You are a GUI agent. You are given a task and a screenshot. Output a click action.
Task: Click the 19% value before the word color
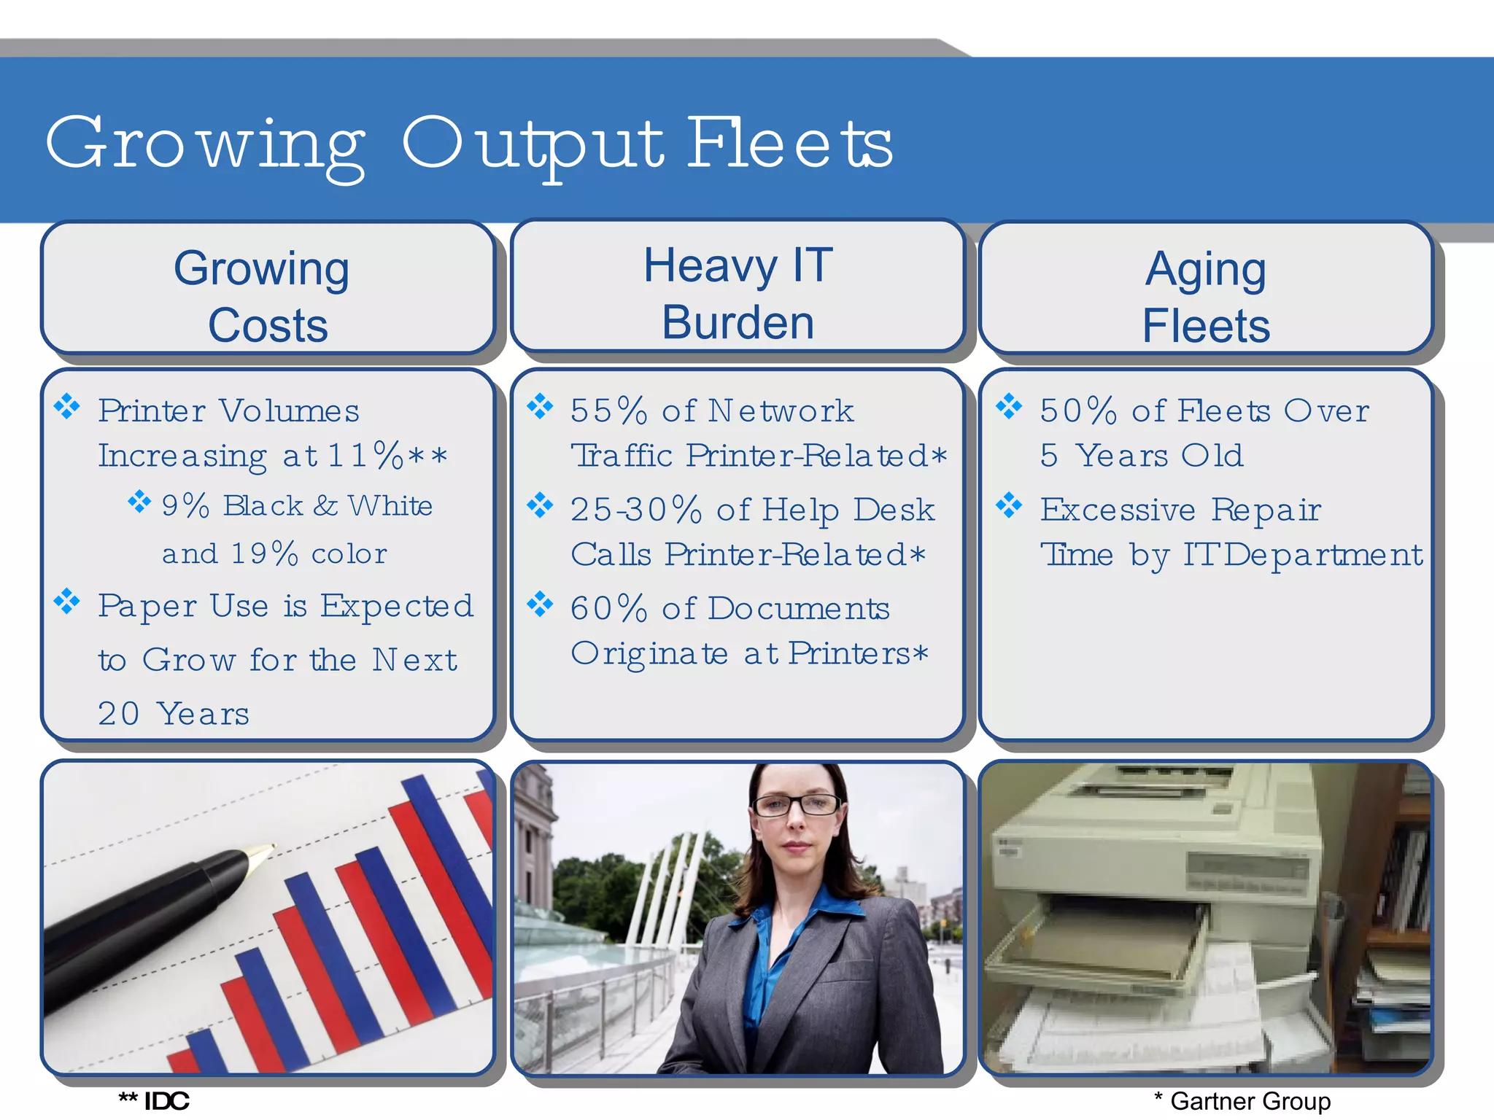coord(264,553)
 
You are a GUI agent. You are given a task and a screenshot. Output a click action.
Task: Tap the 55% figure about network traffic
coord(608,411)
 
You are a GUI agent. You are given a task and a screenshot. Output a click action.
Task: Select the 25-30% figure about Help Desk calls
coord(636,509)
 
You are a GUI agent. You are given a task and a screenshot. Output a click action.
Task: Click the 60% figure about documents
coord(608,608)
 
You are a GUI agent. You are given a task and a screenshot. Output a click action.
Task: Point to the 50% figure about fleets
coord(1078,411)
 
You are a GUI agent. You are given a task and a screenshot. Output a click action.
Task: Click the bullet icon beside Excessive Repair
coord(1009,505)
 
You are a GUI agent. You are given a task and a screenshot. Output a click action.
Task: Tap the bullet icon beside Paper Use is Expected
coord(67,602)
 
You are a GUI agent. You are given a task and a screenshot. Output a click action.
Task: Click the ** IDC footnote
coord(155,1101)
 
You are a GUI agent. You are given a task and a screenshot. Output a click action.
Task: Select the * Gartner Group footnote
coord(1242,1101)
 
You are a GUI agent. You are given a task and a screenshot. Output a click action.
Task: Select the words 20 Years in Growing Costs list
coord(174,714)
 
